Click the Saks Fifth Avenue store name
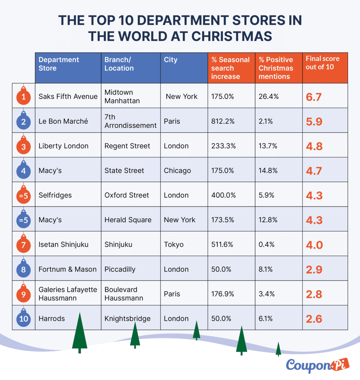(x=68, y=96)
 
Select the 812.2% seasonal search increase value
(x=223, y=121)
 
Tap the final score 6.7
(x=314, y=97)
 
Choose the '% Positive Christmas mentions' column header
(x=276, y=68)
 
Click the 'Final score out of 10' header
(x=323, y=63)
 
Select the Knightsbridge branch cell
(x=127, y=319)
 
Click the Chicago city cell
(x=177, y=171)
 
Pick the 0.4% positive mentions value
(x=266, y=245)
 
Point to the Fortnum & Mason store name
(x=68, y=269)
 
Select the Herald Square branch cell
(x=128, y=220)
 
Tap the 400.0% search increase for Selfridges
(x=224, y=195)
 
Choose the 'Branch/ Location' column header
(x=119, y=64)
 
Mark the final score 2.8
(x=314, y=294)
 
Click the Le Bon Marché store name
(x=63, y=121)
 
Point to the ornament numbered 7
(x=23, y=245)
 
